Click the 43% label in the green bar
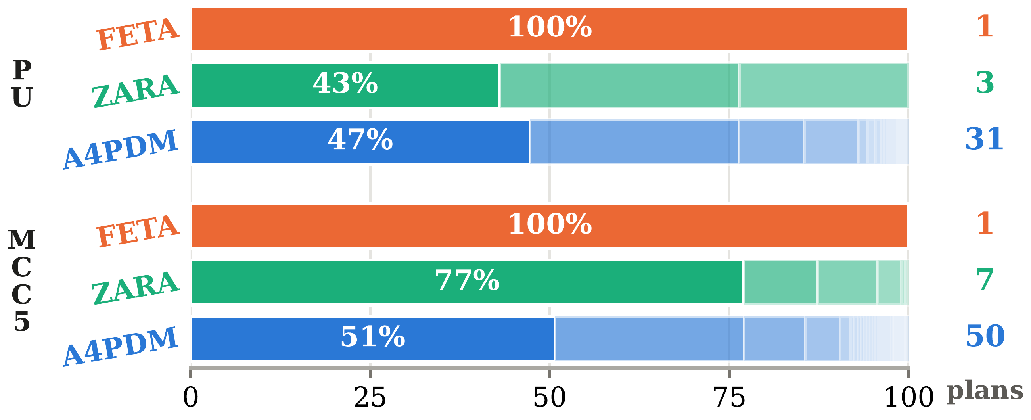point(345,84)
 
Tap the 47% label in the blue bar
point(360,140)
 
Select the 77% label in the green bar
point(467,280)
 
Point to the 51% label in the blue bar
point(373,337)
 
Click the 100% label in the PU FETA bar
point(550,27)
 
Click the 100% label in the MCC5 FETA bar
point(550,224)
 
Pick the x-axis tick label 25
point(370,398)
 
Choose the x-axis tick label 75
point(729,398)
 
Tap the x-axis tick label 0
point(190,398)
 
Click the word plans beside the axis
point(985,391)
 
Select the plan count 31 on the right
point(985,139)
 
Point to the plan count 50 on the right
point(985,336)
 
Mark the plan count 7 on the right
point(985,280)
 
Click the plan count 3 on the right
point(985,83)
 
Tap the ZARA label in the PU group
point(135,91)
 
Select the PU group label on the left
point(22,84)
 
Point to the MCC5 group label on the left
point(22,281)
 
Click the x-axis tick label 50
point(550,398)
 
